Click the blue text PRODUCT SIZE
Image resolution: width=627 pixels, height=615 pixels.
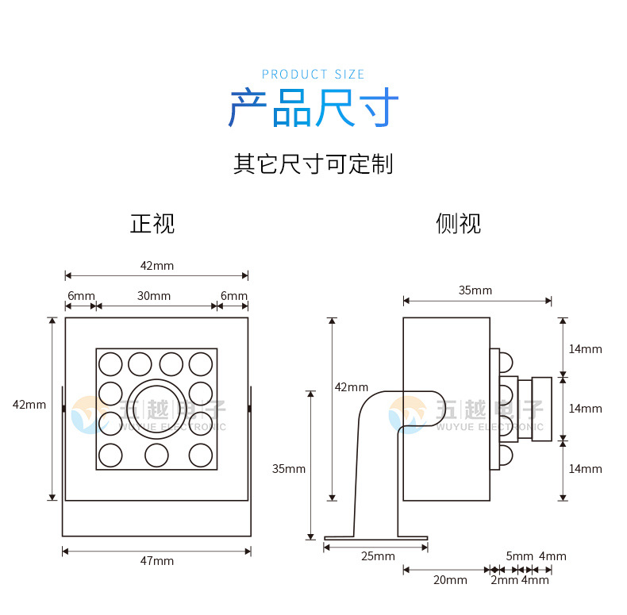pyautogui.click(x=313, y=75)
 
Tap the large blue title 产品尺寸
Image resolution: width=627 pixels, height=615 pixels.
pyautogui.click(x=313, y=110)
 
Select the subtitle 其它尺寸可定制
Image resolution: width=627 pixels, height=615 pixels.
pyautogui.click(x=313, y=164)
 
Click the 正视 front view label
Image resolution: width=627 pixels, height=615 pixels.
pyautogui.click(x=152, y=224)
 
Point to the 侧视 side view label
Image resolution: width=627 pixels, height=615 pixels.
pyautogui.click(x=458, y=224)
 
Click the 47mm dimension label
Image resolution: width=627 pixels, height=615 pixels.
pyautogui.click(x=156, y=561)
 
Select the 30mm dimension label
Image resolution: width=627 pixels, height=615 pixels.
pyautogui.click(x=154, y=296)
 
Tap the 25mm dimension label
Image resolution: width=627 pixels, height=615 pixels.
pyautogui.click(x=378, y=555)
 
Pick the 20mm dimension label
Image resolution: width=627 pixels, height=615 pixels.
pyautogui.click(x=449, y=580)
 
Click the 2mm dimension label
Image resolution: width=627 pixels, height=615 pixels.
pyautogui.click(x=504, y=580)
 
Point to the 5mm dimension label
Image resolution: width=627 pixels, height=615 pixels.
pyautogui.click(x=520, y=556)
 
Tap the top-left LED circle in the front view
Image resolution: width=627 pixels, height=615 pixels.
pyautogui.click(x=110, y=363)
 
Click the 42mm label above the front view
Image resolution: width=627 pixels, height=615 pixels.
pyautogui.click(x=156, y=265)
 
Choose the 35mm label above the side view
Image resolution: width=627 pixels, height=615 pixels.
pyautogui.click(x=475, y=290)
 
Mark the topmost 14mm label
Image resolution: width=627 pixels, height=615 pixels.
pyautogui.click(x=585, y=348)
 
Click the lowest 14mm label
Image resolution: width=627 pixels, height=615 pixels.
pyautogui.click(x=585, y=468)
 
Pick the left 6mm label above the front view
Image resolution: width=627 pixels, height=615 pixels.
pyautogui.click(x=78, y=296)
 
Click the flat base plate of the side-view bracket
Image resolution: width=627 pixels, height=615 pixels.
pyautogui.click(x=375, y=538)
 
